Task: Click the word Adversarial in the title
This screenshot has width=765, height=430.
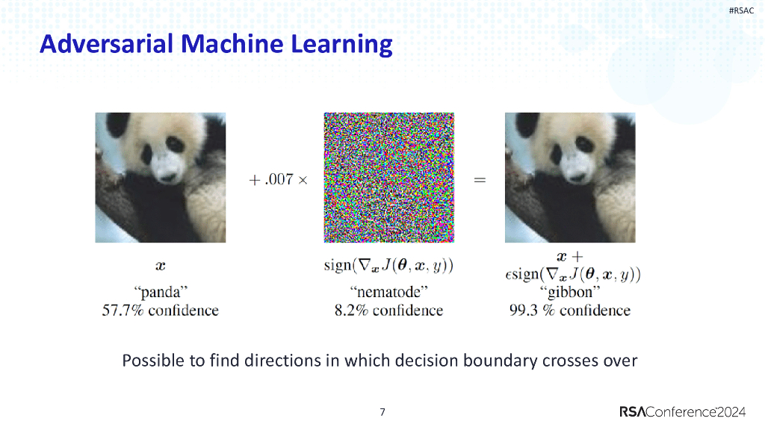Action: pyautogui.click(x=107, y=44)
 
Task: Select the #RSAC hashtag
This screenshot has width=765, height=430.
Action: pyautogui.click(x=741, y=10)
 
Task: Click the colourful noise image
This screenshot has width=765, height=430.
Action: pyautogui.click(x=388, y=178)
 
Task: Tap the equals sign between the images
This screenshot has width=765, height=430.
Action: pyautogui.click(x=480, y=180)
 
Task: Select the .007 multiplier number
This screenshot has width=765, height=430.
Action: pyautogui.click(x=279, y=179)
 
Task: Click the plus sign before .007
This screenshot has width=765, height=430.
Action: pyautogui.click(x=254, y=181)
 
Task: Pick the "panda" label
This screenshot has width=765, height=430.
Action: pyautogui.click(x=161, y=292)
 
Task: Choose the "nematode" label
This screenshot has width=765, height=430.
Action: pyautogui.click(x=388, y=292)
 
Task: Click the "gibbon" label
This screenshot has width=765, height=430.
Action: pyautogui.click(x=570, y=292)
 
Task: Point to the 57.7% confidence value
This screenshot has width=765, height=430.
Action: pyautogui.click(x=123, y=310)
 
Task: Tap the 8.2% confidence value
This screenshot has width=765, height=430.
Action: pyautogui.click(x=351, y=310)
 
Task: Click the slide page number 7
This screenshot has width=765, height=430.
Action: pyautogui.click(x=382, y=412)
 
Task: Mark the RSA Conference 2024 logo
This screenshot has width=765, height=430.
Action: pyautogui.click(x=683, y=412)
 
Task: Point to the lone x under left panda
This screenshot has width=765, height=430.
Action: pyautogui.click(x=161, y=266)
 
